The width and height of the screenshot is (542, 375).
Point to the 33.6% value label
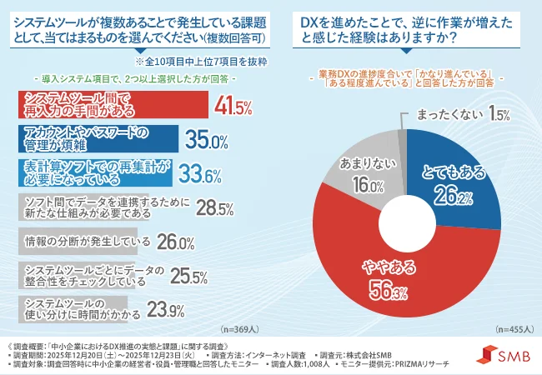coord(201,173)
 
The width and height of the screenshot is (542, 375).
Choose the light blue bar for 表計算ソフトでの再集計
coord(93,173)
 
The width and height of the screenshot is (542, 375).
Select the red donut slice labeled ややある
coord(384,279)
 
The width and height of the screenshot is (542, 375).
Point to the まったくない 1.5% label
coord(468,112)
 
